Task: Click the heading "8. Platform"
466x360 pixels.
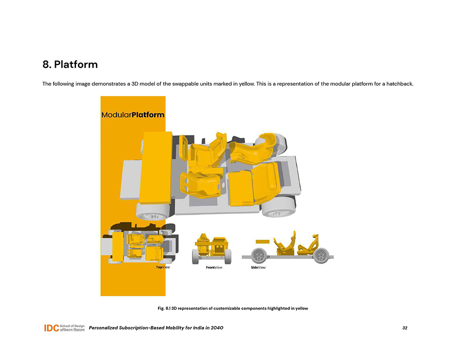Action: point(70,64)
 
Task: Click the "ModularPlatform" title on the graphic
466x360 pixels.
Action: point(133,114)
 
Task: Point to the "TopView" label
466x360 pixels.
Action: point(163,268)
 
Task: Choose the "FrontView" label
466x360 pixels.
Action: point(214,268)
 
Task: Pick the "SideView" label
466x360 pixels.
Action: point(258,268)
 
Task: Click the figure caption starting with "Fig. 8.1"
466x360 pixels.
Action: point(233,308)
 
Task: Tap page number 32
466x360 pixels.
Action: point(404,328)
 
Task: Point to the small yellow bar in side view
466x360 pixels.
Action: point(263,242)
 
